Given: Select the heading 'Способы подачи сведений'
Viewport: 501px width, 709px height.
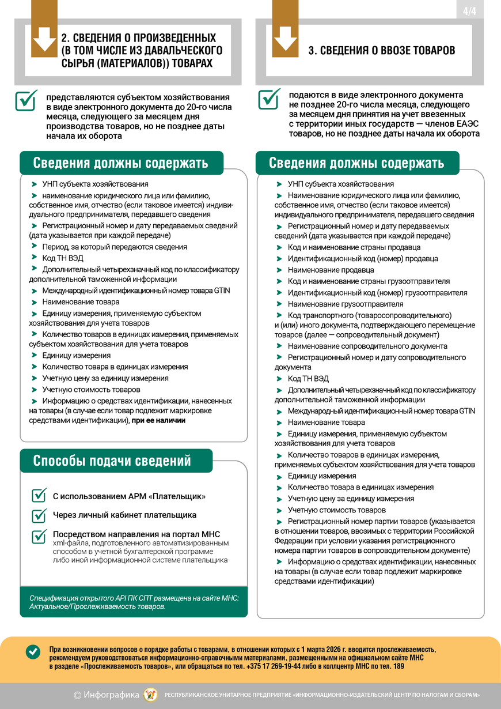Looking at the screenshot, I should coord(112,461).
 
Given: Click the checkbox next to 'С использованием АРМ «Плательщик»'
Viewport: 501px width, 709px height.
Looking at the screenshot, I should coord(39,496).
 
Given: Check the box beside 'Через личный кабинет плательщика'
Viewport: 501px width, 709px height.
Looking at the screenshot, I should coord(39,515).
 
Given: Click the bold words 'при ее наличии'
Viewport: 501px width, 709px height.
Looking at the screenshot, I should coord(158,421).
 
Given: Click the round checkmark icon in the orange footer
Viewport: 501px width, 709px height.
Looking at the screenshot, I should coord(33,651).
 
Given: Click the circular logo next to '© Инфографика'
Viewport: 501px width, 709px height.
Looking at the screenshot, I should coord(150,695).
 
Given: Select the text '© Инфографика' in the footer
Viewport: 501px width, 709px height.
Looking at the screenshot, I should coord(107,695).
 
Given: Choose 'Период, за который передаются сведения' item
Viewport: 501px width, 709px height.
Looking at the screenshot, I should coord(114,247).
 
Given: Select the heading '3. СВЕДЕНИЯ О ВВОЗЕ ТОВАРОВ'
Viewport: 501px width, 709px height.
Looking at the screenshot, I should coord(382,51).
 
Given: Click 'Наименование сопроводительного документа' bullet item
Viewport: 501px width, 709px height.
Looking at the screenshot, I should coord(367,346).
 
